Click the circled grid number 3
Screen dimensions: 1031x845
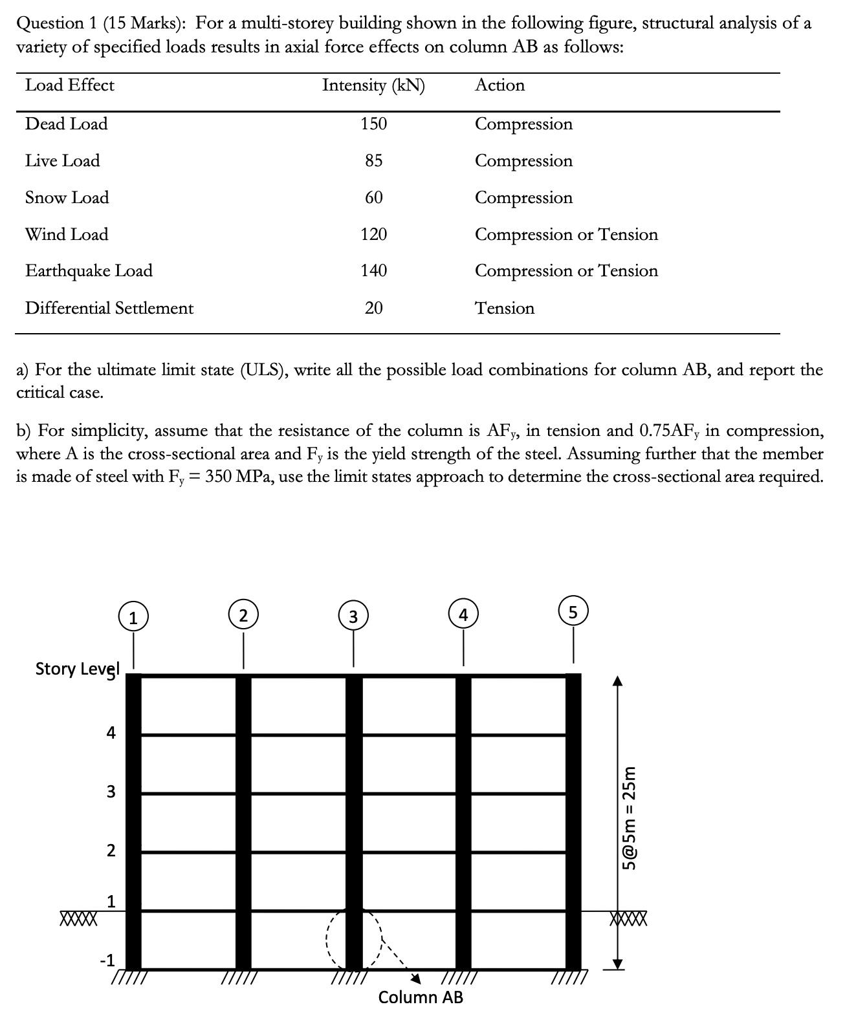pos(353,616)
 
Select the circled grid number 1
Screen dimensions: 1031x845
pos(133,618)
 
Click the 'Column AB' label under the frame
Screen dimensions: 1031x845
pos(421,997)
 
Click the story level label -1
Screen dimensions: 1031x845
pos(107,960)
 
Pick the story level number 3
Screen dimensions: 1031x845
pos(111,792)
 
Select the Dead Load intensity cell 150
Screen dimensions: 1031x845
pos(373,124)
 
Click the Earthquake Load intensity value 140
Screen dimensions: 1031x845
pos(373,270)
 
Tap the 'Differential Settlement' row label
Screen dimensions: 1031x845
pos(109,308)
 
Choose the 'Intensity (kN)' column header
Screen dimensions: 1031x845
pos(373,85)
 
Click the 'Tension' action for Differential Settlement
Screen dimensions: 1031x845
pos(505,308)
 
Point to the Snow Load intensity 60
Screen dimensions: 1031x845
pos(373,197)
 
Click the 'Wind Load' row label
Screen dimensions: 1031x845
pos(67,234)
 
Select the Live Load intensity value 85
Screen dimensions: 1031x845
pos(373,160)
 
